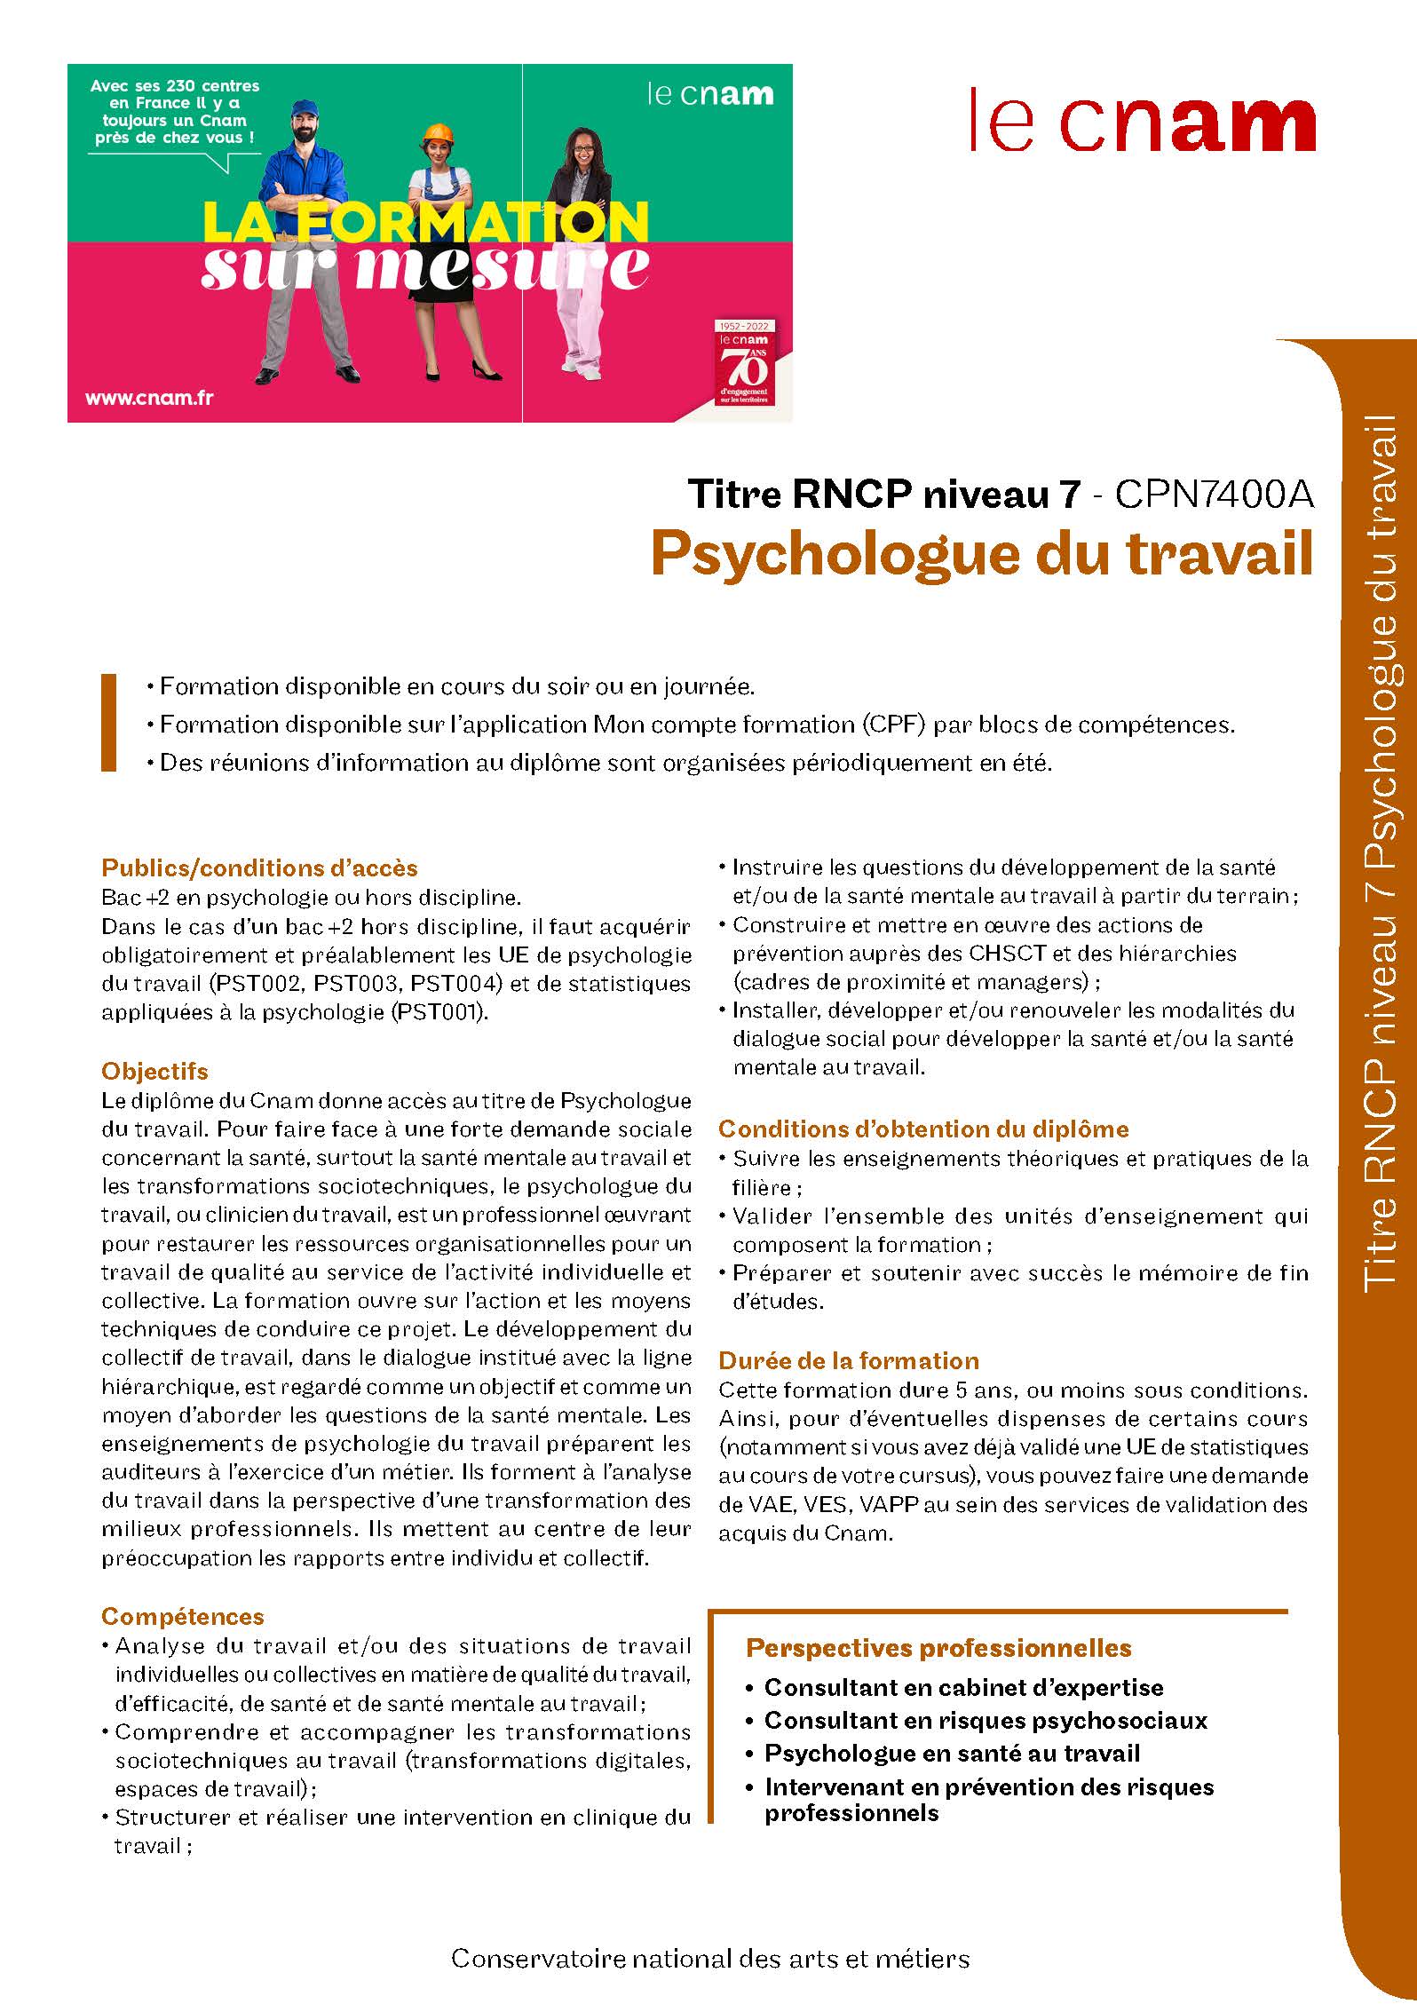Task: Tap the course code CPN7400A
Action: point(1213,495)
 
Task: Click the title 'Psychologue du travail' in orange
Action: point(981,554)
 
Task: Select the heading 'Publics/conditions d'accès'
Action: point(259,867)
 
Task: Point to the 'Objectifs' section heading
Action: point(154,1071)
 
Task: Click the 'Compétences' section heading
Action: point(183,1616)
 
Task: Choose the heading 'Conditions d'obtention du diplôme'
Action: point(923,1129)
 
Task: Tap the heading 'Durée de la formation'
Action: point(849,1361)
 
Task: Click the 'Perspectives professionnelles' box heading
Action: point(938,1648)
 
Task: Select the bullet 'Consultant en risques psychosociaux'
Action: point(986,1720)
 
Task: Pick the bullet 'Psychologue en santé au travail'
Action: point(952,1753)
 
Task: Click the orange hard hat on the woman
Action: point(437,132)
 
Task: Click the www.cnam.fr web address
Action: point(148,398)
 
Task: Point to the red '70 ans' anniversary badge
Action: point(744,363)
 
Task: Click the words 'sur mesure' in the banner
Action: point(424,266)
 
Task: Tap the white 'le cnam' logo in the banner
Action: point(709,94)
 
